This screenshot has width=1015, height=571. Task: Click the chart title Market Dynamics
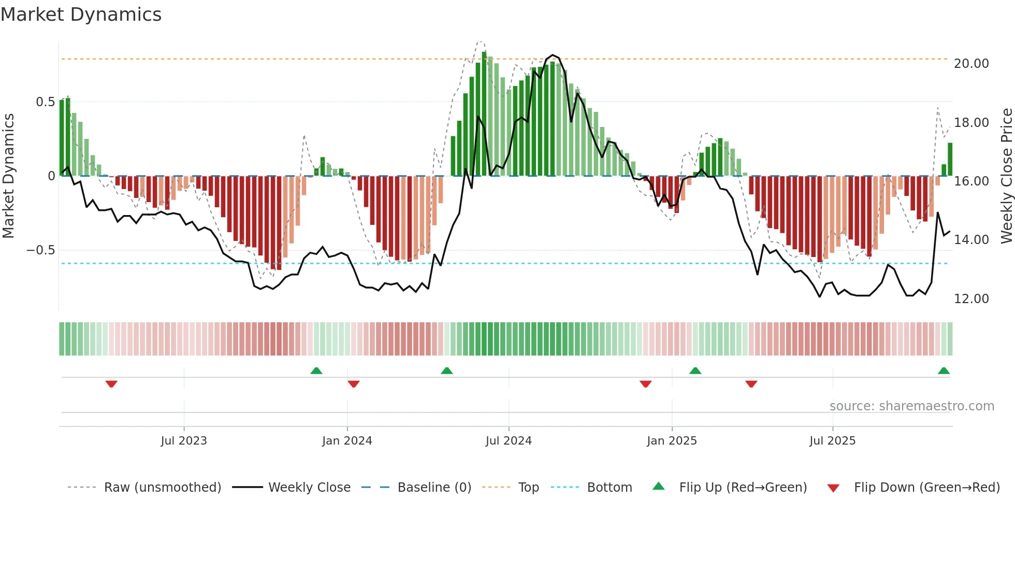(x=81, y=15)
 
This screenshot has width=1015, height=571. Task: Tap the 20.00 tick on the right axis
(x=971, y=64)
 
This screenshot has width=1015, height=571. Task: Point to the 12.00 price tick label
(x=971, y=299)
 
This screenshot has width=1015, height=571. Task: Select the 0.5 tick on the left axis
(x=45, y=102)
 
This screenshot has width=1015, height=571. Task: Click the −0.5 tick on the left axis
(x=41, y=250)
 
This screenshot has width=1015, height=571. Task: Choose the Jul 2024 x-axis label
(x=509, y=441)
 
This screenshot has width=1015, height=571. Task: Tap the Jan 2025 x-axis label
(x=672, y=441)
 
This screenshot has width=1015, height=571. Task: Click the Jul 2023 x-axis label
(x=184, y=441)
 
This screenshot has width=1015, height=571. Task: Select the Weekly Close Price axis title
(x=1006, y=176)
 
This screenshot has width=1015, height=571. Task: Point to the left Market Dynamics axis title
(x=8, y=176)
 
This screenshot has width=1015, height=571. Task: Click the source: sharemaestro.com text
(x=911, y=406)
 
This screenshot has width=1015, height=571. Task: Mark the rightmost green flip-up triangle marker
(x=944, y=371)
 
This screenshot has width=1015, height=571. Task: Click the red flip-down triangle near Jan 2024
(x=354, y=384)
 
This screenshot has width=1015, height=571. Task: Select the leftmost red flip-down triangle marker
(x=111, y=384)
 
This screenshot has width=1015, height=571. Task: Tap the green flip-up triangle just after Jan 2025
(x=695, y=371)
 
